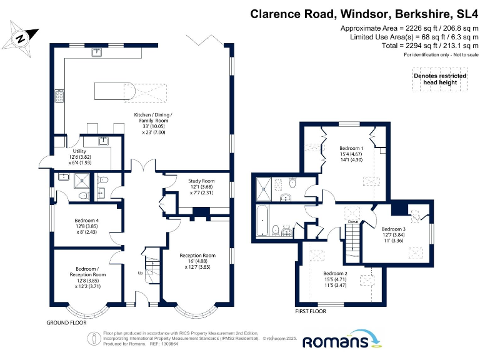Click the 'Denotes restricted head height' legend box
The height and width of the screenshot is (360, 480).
point(440,79)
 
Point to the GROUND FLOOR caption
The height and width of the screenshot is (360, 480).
point(66,323)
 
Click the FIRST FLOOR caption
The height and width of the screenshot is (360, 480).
point(311,311)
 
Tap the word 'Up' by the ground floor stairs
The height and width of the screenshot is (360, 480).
point(141,273)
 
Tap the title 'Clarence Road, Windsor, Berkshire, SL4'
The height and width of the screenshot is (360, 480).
point(363,14)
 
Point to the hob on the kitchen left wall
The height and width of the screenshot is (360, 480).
point(61,96)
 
